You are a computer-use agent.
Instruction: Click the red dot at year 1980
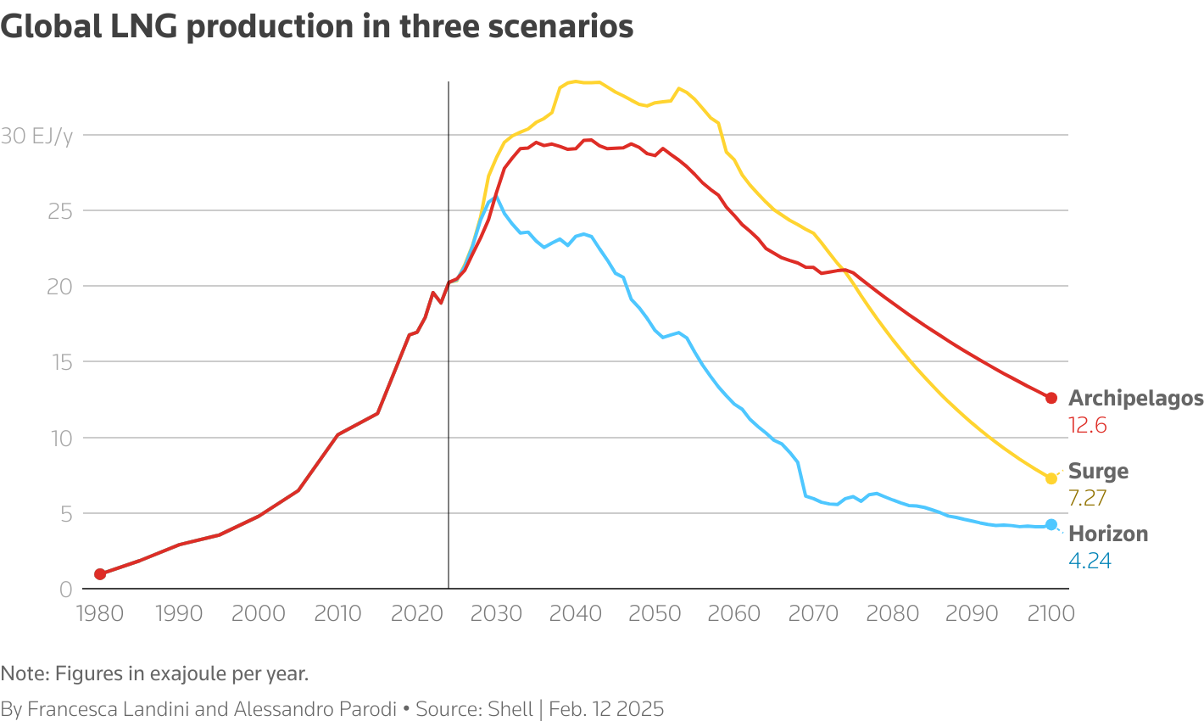tap(100, 574)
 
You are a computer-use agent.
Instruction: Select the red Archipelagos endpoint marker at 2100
tap(1051, 398)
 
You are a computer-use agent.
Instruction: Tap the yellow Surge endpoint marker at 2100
tap(1051, 478)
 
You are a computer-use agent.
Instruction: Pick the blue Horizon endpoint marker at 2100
tap(1051, 524)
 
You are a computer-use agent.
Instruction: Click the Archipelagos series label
tap(1135, 399)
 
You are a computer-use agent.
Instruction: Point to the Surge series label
tap(1098, 472)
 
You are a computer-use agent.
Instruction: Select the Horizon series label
tap(1108, 534)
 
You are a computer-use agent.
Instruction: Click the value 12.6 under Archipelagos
tap(1088, 426)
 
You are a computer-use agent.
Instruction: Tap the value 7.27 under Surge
tap(1088, 498)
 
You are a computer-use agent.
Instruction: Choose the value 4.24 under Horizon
tap(1090, 561)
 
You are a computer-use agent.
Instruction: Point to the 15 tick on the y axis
tap(59, 362)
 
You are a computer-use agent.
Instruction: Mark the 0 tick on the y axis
tap(65, 590)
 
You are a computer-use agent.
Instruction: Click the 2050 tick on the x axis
tap(655, 613)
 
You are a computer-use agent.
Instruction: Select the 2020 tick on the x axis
tap(417, 613)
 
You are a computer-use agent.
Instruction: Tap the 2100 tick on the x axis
tap(1051, 613)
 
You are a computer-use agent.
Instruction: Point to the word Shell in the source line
tap(510, 709)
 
